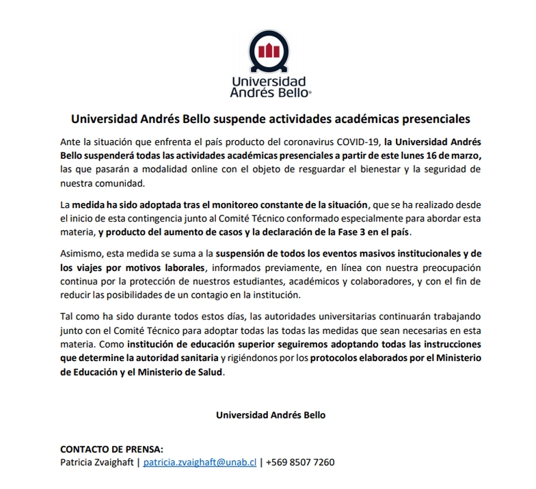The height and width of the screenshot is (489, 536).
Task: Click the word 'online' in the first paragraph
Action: tap(179, 168)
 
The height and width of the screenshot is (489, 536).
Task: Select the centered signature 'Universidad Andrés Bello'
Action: tap(271, 414)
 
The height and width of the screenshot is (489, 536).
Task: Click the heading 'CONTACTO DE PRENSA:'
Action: tap(112, 449)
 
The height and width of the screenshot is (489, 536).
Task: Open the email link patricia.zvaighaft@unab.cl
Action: tap(200, 462)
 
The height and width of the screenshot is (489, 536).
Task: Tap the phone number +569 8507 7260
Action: tap(301, 462)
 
